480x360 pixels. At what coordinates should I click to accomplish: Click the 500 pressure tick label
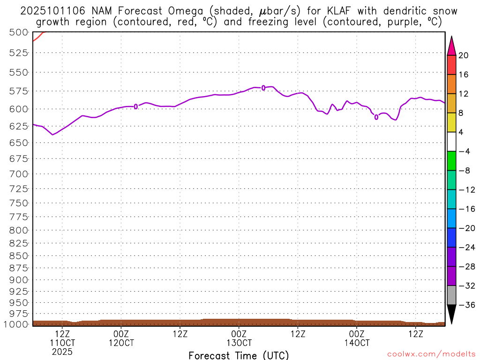coord(18,32)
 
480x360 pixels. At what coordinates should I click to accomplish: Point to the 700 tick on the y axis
coord(18,173)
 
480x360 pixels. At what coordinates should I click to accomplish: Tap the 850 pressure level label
coord(18,255)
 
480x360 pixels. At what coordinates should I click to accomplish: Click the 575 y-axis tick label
coord(18,90)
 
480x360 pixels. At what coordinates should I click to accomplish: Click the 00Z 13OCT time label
coord(239,338)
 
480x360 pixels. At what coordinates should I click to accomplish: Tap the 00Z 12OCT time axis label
coord(121,338)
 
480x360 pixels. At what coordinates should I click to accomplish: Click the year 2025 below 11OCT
coord(62,351)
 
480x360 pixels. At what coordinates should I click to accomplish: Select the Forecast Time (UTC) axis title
coord(239,355)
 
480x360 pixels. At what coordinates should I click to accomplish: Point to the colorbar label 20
coord(464,55)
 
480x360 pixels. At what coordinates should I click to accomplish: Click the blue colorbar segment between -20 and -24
coord(451,238)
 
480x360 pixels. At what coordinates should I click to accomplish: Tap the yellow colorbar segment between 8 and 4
coord(451,122)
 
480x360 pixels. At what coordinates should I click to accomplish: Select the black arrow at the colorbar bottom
coord(451,314)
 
